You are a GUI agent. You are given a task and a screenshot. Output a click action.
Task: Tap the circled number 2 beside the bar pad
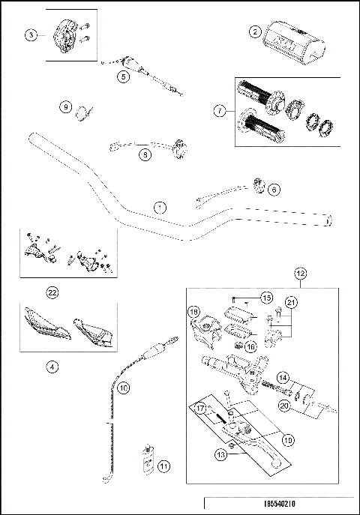256,32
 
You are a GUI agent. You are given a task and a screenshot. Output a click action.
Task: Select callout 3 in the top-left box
30,35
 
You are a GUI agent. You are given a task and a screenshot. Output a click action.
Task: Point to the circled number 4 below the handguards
52,367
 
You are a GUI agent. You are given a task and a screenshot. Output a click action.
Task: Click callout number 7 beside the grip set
218,112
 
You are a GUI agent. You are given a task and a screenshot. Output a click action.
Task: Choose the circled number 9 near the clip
67,107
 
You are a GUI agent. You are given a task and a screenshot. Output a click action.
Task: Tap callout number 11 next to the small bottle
165,466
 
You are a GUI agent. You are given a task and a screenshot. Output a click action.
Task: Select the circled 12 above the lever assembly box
300,275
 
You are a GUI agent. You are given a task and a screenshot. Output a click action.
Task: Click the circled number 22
52,292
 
